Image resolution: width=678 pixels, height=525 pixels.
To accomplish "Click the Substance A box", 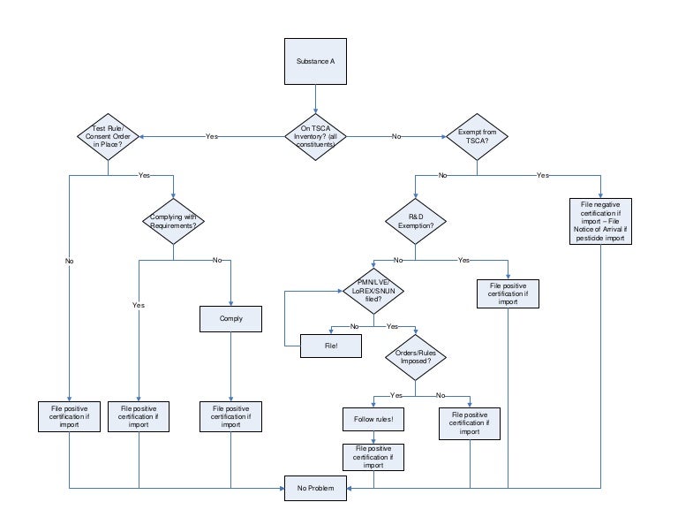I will tap(315, 63).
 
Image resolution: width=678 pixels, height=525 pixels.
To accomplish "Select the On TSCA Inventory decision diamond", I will tap(315, 136).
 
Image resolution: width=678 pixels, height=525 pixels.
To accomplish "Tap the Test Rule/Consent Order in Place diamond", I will tap(107, 136).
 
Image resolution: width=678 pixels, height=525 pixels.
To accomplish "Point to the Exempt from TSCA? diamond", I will tap(477, 136).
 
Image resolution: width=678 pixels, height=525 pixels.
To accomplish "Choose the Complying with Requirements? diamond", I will tap(173, 222).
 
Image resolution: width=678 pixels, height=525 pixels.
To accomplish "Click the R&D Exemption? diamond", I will tap(416, 222).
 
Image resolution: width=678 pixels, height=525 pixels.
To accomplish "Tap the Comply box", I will tap(230, 318).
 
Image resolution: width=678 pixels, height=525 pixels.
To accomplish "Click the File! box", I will tap(331, 346).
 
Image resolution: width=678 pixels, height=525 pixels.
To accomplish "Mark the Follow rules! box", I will tap(373, 417).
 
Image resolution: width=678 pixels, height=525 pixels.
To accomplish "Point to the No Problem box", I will tap(315, 487).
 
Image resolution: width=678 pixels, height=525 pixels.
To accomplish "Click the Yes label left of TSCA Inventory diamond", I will tap(212, 137).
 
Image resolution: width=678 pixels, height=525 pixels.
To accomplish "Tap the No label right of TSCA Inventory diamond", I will tap(396, 137).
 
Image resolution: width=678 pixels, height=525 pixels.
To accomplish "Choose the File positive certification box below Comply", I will tap(230, 416).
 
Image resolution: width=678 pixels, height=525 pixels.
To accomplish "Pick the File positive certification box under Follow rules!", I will tap(373, 456).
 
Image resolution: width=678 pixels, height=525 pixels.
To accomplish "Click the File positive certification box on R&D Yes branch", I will tap(508, 293).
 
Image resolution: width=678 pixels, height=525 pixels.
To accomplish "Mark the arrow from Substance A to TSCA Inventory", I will tap(315, 101).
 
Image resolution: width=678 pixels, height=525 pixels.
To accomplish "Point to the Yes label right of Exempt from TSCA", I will tap(542, 175).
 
